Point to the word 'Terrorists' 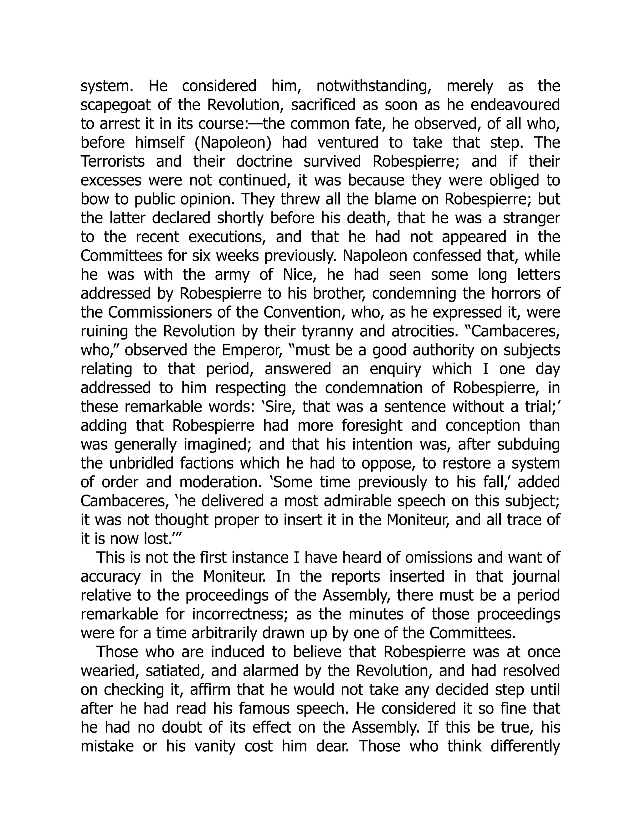tap(112, 162)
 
